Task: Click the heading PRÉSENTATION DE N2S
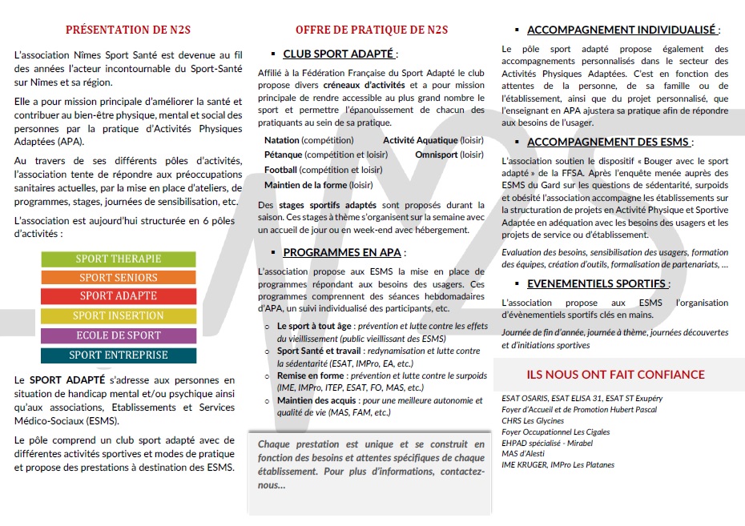[128, 30]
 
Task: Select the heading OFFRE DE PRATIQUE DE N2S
[372, 30]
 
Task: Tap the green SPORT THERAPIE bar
[119, 259]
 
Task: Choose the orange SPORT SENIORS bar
[119, 278]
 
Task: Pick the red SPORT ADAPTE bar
[119, 296]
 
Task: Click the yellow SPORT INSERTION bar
[119, 316]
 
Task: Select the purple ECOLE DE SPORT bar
[119, 335]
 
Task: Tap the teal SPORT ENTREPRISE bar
[119, 355]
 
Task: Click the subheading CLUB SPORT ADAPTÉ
[338, 54]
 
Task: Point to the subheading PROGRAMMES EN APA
[342, 252]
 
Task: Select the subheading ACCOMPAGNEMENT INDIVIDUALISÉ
[621, 30]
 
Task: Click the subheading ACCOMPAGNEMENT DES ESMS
[608, 143]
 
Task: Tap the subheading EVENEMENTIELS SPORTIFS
[596, 284]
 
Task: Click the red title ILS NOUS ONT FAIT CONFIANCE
[615, 375]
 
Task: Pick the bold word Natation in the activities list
[281, 140]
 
